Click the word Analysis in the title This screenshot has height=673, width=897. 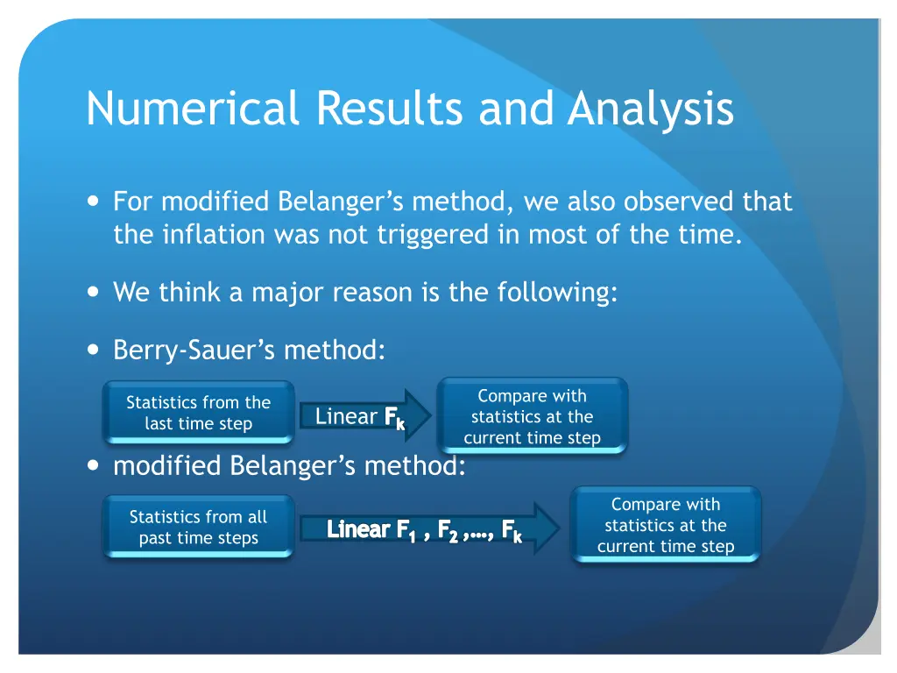pos(650,110)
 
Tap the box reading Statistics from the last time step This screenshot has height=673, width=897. pos(199,413)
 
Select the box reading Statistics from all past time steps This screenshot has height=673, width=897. pos(199,528)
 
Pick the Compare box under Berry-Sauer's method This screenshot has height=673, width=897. pos(532,417)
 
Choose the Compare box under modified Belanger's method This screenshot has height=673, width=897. pos(666,525)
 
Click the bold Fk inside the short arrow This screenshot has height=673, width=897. pos(394,418)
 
